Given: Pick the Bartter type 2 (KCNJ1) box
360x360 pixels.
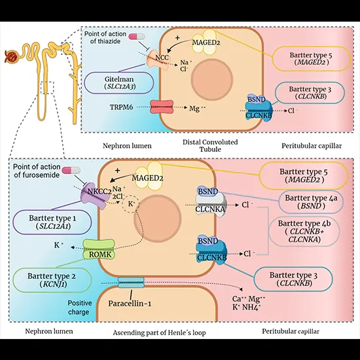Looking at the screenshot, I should click(x=43, y=281).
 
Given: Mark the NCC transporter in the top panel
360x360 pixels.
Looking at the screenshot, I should click(x=162, y=58).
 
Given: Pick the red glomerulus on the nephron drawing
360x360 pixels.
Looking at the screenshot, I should click(x=13, y=58).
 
